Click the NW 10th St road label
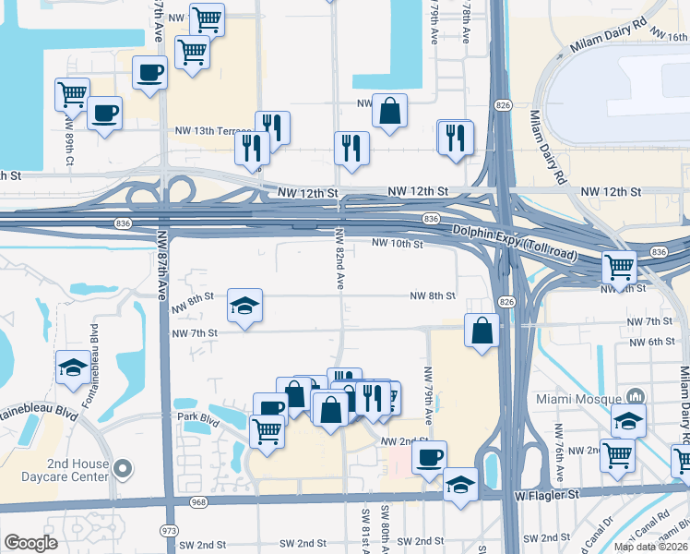tap(397, 244)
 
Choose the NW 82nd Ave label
tap(339, 259)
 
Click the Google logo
tap(30, 543)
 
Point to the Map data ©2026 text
tap(651, 547)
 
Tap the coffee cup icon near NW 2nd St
tap(429, 458)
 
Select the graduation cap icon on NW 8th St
tap(244, 306)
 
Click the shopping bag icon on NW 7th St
tap(482, 331)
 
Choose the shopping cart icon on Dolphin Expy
tap(620, 268)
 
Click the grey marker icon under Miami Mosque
tap(630, 395)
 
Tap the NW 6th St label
tap(652, 342)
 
